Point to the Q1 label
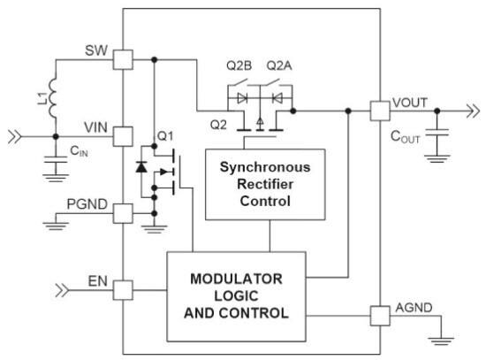165,137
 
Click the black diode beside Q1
141,167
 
